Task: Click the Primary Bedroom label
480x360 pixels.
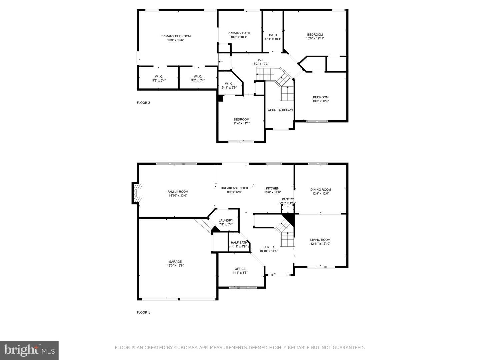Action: [175, 36]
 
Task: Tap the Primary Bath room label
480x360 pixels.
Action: [239, 33]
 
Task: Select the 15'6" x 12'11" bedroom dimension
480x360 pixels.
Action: [315, 39]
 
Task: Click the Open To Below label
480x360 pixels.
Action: [280, 110]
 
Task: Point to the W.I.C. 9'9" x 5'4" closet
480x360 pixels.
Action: [159, 78]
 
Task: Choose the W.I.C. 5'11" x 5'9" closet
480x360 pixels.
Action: [229, 86]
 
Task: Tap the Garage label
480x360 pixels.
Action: [175, 262]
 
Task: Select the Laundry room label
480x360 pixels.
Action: [226, 220]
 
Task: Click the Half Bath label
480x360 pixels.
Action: [239, 243]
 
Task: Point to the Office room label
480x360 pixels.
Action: [240, 269]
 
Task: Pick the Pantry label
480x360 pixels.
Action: [288, 199]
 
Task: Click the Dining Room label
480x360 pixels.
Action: [320, 190]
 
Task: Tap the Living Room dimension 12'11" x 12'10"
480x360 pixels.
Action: [320, 244]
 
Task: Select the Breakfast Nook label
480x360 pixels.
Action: [234, 188]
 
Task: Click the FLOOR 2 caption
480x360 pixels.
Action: [143, 103]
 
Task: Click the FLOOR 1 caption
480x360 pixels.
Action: [143, 312]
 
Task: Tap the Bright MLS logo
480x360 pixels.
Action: [29, 350]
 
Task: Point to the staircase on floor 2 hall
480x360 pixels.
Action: [277, 80]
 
